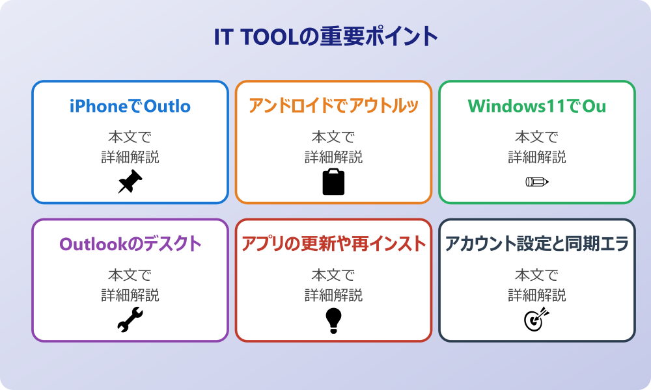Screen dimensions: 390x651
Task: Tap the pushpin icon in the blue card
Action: click(130, 182)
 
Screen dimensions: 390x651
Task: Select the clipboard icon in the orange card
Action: click(333, 182)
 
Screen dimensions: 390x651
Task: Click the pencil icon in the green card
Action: click(536, 181)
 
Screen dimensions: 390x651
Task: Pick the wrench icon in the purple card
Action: click(130, 320)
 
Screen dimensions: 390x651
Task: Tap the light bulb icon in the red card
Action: click(333, 320)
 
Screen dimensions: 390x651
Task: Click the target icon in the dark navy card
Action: click(536, 319)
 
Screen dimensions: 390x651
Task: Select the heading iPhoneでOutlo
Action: click(130, 106)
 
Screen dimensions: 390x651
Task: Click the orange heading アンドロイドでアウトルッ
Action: click(333, 106)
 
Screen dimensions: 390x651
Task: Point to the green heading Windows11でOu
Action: click(536, 106)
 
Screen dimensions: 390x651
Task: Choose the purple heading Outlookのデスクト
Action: click(130, 244)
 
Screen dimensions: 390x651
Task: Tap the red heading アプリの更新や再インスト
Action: click(333, 244)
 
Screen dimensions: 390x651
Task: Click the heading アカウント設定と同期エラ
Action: click(536, 244)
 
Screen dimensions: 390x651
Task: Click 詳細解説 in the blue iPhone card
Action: click(130, 157)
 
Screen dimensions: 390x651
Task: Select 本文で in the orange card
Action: click(333, 137)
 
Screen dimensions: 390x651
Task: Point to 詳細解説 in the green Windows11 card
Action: click(536, 157)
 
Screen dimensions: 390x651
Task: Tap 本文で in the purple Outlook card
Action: click(130, 275)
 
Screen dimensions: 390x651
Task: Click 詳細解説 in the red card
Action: click(333, 295)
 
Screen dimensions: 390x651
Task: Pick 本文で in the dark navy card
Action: click(536, 275)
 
